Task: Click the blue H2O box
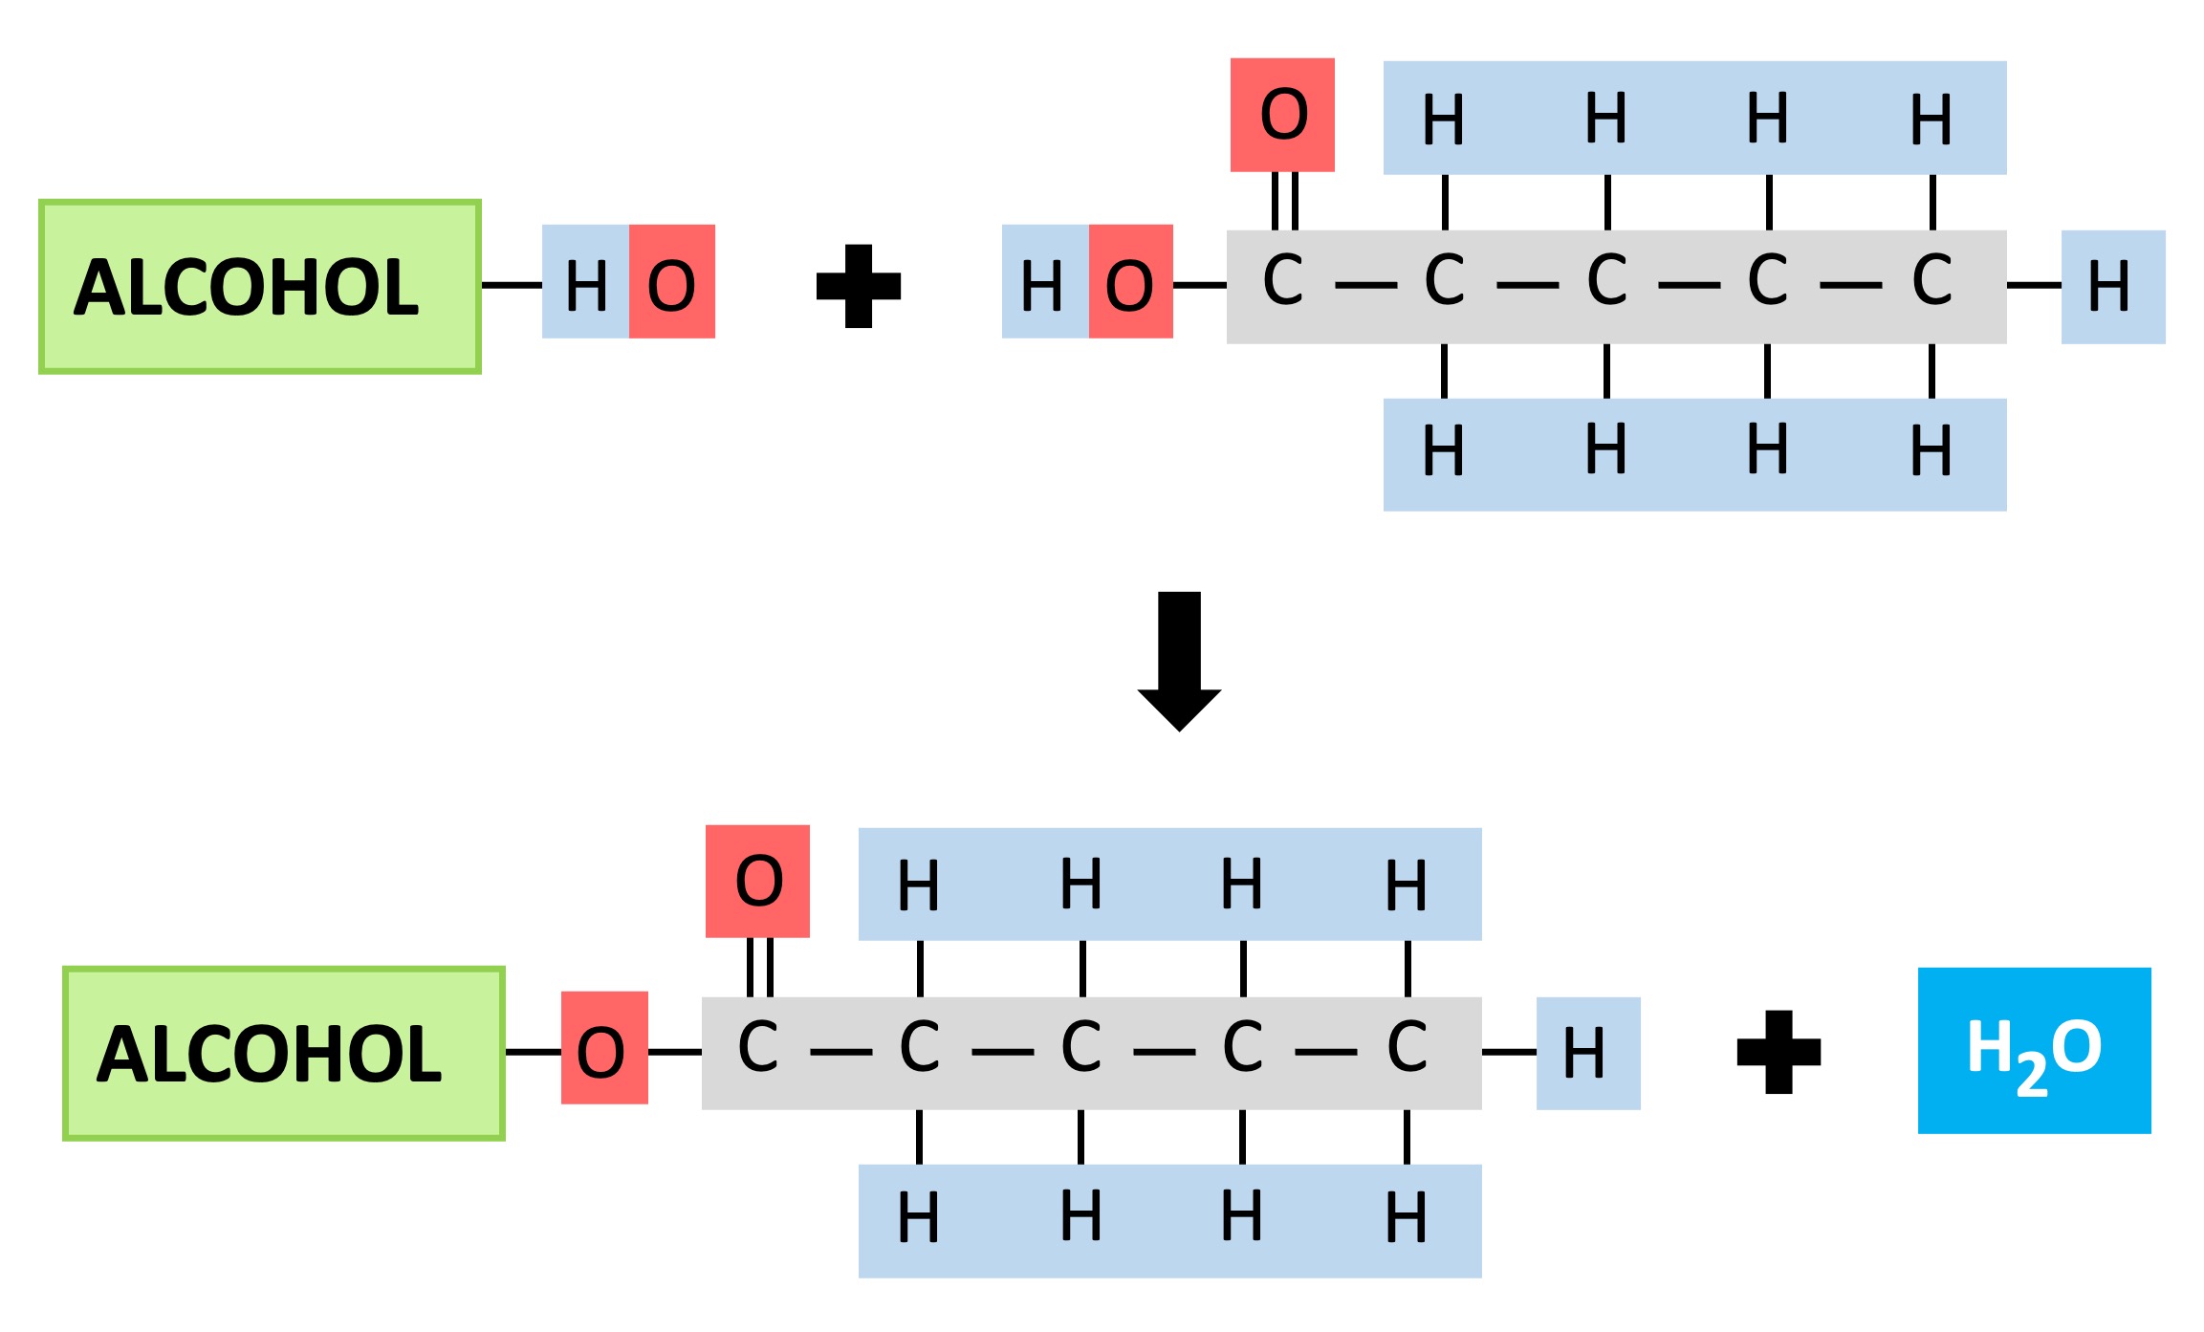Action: [x=2034, y=1050]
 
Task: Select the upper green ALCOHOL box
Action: [x=259, y=287]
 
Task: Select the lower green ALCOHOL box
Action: [x=283, y=1053]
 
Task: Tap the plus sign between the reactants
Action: [x=858, y=286]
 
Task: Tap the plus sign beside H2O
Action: [x=1778, y=1051]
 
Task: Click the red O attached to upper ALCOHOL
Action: [x=671, y=282]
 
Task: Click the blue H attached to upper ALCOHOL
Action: [x=585, y=282]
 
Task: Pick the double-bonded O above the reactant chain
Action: [x=1282, y=115]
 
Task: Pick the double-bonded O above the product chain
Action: [x=757, y=881]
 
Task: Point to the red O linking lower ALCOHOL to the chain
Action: [x=603, y=1048]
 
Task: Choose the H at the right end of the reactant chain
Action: [x=2112, y=287]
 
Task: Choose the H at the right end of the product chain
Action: [x=1587, y=1053]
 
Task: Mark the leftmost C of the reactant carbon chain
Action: [x=1282, y=281]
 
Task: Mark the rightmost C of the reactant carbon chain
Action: [x=1931, y=281]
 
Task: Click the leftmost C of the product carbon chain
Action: [x=757, y=1048]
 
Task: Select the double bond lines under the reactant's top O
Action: [x=1285, y=201]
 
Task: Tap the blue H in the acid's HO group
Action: [x=1043, y=282]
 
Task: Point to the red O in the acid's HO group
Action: [x=1130, y=282]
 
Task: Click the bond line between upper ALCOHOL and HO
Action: [x=512, y=285]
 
